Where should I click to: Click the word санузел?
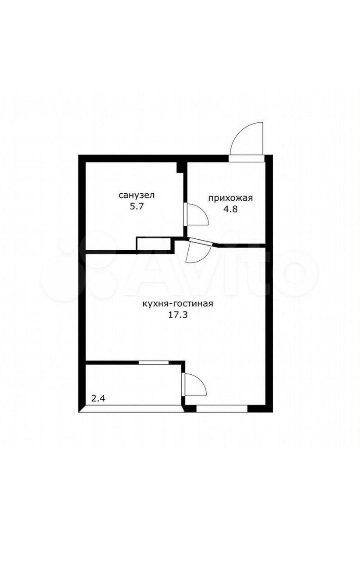[137, 195]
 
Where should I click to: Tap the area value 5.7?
[137, 207]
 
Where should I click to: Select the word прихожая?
[230, 199]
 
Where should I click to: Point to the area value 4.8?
[230, 209]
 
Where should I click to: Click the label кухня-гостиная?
[177, 304]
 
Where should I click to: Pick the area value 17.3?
[178, 315]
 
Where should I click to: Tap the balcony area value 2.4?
[98, 398]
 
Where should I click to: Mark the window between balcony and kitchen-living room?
[153, 362]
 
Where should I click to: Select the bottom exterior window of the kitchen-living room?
[222, 408]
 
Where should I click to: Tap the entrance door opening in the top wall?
[246, 159]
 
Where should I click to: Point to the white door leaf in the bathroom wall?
[185, 214]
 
